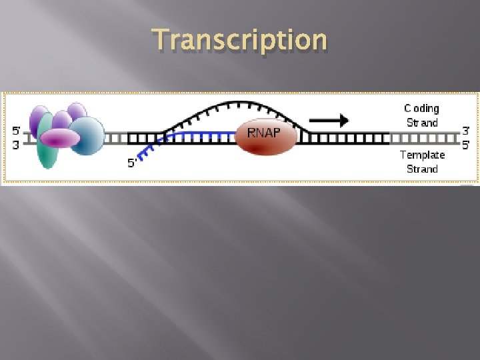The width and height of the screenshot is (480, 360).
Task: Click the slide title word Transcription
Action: [240, 40]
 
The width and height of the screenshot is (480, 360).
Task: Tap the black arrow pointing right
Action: [329, 121]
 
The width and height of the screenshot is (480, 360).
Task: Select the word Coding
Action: [421, 108]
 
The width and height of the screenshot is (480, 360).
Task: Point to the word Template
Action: [422, 155]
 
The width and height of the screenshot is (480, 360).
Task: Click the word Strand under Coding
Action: [422, 123]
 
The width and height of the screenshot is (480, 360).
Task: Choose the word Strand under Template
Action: [422, 169]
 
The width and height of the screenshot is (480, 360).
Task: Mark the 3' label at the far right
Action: [466, 131]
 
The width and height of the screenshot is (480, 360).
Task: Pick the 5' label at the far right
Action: [466, 144]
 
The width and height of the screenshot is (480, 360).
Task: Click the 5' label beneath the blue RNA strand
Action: [133, 162]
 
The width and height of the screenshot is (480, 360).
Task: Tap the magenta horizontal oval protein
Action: [60, 138]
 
